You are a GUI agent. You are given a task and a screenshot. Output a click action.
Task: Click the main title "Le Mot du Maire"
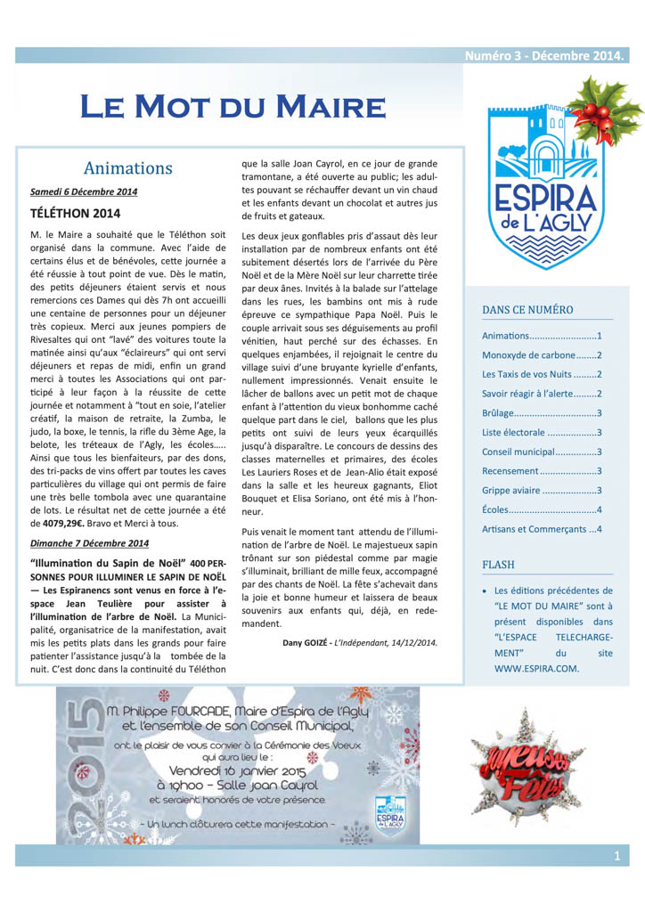(x=233, y=106)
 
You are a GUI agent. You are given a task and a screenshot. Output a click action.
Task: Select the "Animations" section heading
(x=127, y=168)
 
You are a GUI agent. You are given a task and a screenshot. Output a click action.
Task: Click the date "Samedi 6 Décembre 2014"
(x=84, y=191)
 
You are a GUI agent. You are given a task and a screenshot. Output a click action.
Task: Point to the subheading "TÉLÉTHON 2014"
(x=75, y=214)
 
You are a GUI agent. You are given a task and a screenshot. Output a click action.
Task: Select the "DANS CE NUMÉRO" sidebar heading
(x=527, y=310)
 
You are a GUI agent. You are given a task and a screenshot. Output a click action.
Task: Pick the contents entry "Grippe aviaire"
(x=523, y=490)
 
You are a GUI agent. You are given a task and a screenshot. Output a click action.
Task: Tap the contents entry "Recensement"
(x=510, y=470)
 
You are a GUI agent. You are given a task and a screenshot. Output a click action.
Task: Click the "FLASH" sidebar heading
(x=498, y=564)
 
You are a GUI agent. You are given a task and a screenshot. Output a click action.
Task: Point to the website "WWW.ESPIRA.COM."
(x=536, y=666)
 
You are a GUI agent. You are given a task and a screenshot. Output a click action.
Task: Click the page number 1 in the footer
(x=616, y=856)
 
